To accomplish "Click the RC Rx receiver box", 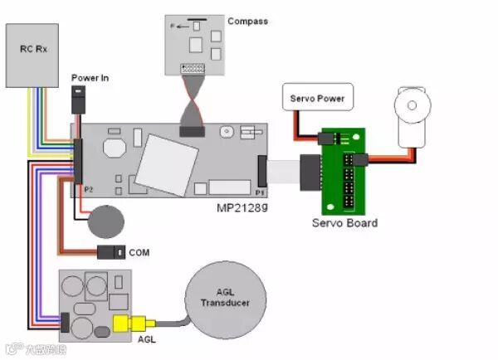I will click(x=34, y=54).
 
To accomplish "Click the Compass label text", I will click(x=247, y=21).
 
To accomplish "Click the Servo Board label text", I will click(x=344, y=223).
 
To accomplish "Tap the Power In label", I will click(x=90, y=78).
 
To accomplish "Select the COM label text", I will click(x=139, y=251).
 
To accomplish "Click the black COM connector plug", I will click(x=111, y=251).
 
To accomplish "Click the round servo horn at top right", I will click(x=409, y=106).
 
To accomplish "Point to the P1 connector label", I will click(x=260, y=192).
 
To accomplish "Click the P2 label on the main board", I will click(x=88, y=190).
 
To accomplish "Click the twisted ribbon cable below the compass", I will click(x=193, y=105).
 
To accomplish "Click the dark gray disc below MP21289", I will click(x=106, y=220).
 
